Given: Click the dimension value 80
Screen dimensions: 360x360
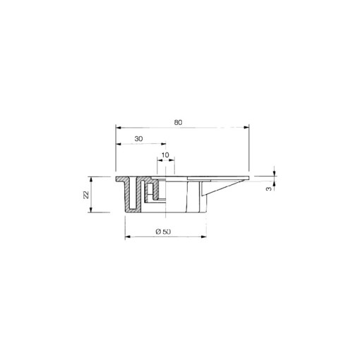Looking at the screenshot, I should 179,122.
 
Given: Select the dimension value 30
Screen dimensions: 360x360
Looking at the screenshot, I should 138,140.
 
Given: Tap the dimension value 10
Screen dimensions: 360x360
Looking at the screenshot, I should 165,155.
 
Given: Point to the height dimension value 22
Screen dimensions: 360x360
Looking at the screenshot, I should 86,194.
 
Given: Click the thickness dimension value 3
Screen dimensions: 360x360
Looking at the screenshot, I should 269,188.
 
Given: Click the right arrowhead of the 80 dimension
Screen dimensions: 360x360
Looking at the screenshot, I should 246,128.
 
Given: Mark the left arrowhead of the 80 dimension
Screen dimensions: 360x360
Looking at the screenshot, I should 119,128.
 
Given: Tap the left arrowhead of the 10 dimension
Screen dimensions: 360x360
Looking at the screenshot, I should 159,161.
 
